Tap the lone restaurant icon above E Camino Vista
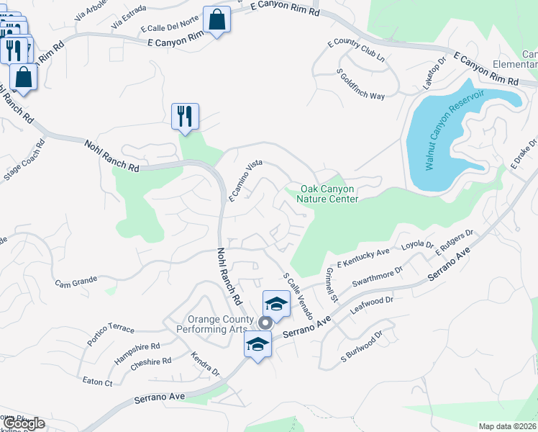coord(185,116)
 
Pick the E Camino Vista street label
coord(244,180)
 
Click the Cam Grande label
coord(77,283)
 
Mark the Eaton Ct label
coord(98,382)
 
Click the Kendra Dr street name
coord(205,364)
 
